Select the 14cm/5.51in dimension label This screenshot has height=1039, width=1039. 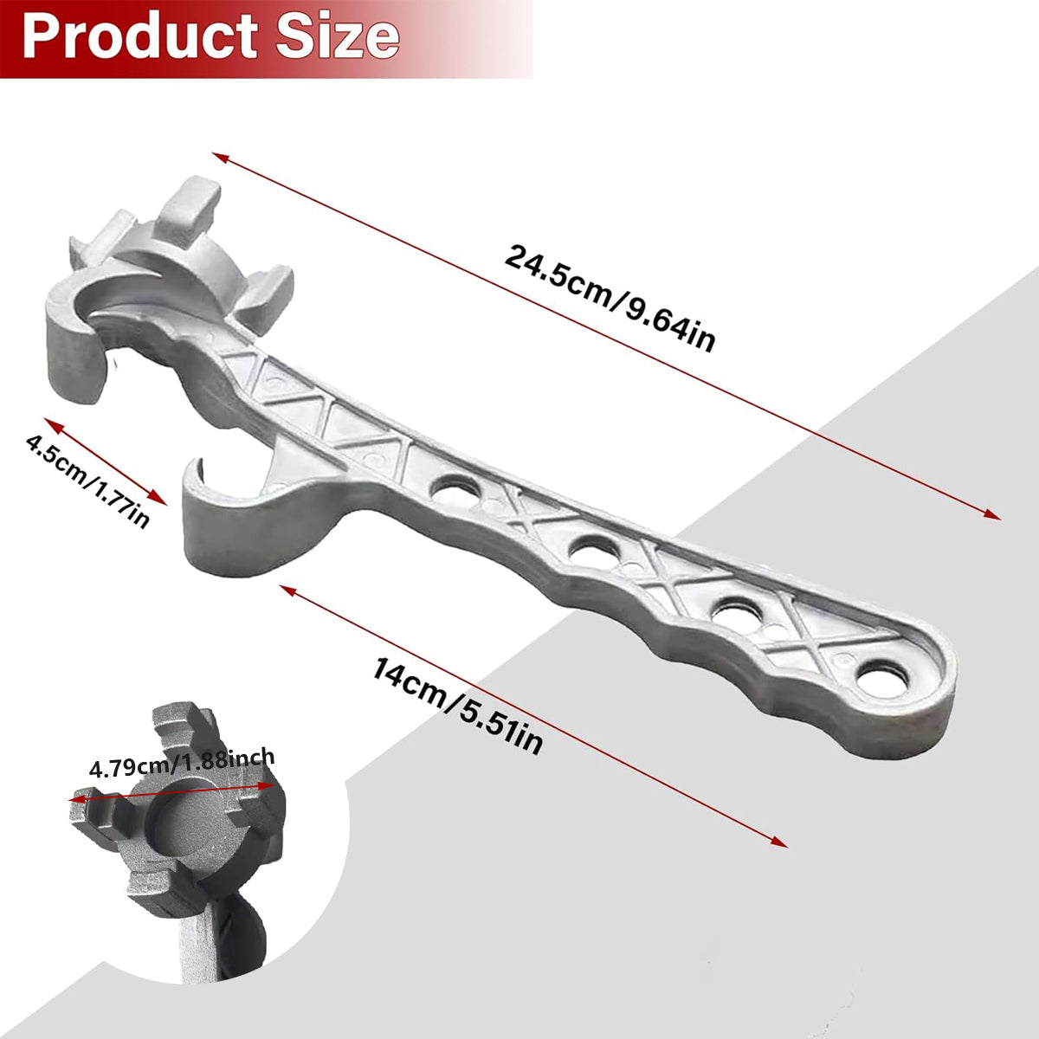(x=458, y=705)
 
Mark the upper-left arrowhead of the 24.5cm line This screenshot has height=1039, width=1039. (x=218, y=157)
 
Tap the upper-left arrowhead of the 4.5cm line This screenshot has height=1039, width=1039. (x=49, y=423)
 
